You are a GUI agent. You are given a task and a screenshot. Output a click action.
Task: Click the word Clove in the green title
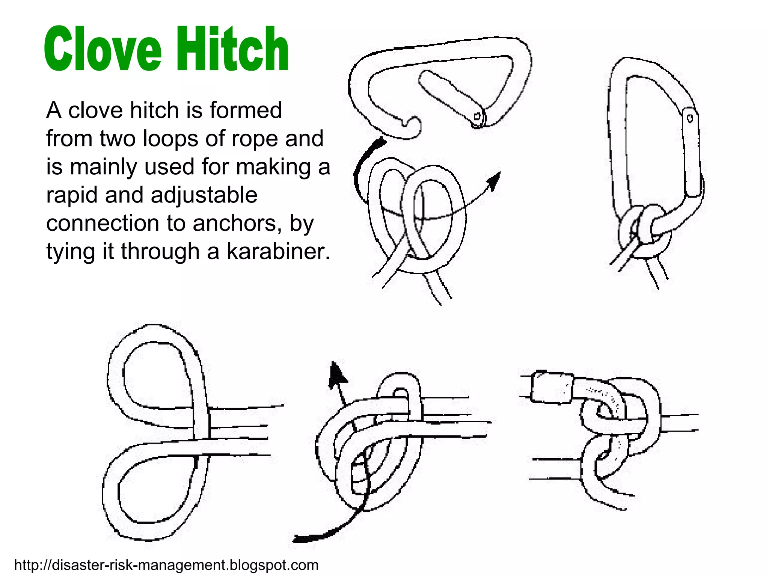(102, 49)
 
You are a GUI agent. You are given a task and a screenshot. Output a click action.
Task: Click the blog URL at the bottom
(166, 565)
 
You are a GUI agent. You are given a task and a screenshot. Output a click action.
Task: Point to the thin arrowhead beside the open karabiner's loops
(495, 180)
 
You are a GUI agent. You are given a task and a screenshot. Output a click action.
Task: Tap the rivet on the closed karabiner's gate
(690, 119)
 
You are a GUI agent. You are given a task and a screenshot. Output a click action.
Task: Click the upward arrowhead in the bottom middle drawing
(336, 376)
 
